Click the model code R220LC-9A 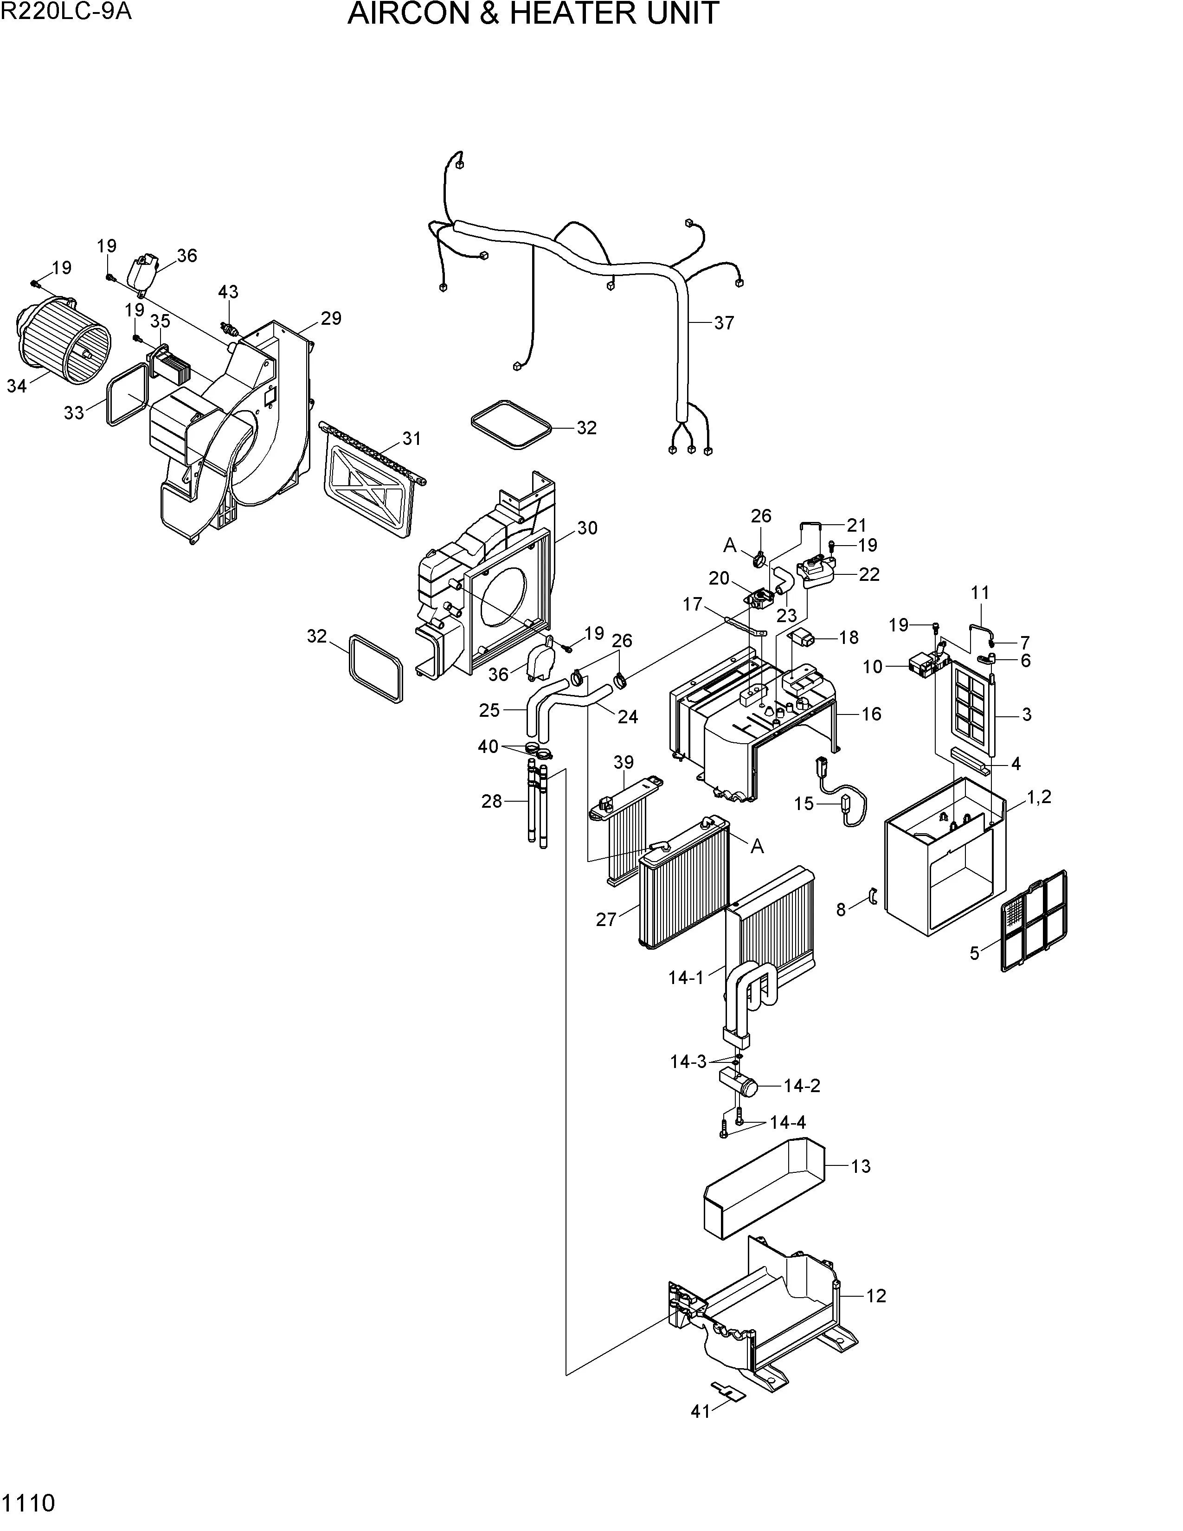click(x=67, y=12)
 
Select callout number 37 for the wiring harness click(x=724, y=323)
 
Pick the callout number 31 click(x=411, y=439)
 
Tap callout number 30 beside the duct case click(x=587, y=528)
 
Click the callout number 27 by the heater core click(x=606, y=919)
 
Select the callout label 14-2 click(x=802, y=1086)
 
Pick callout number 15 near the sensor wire click(x=804, y=804)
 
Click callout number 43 click(x=228, y=292)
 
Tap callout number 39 click(x=623, y=762)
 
